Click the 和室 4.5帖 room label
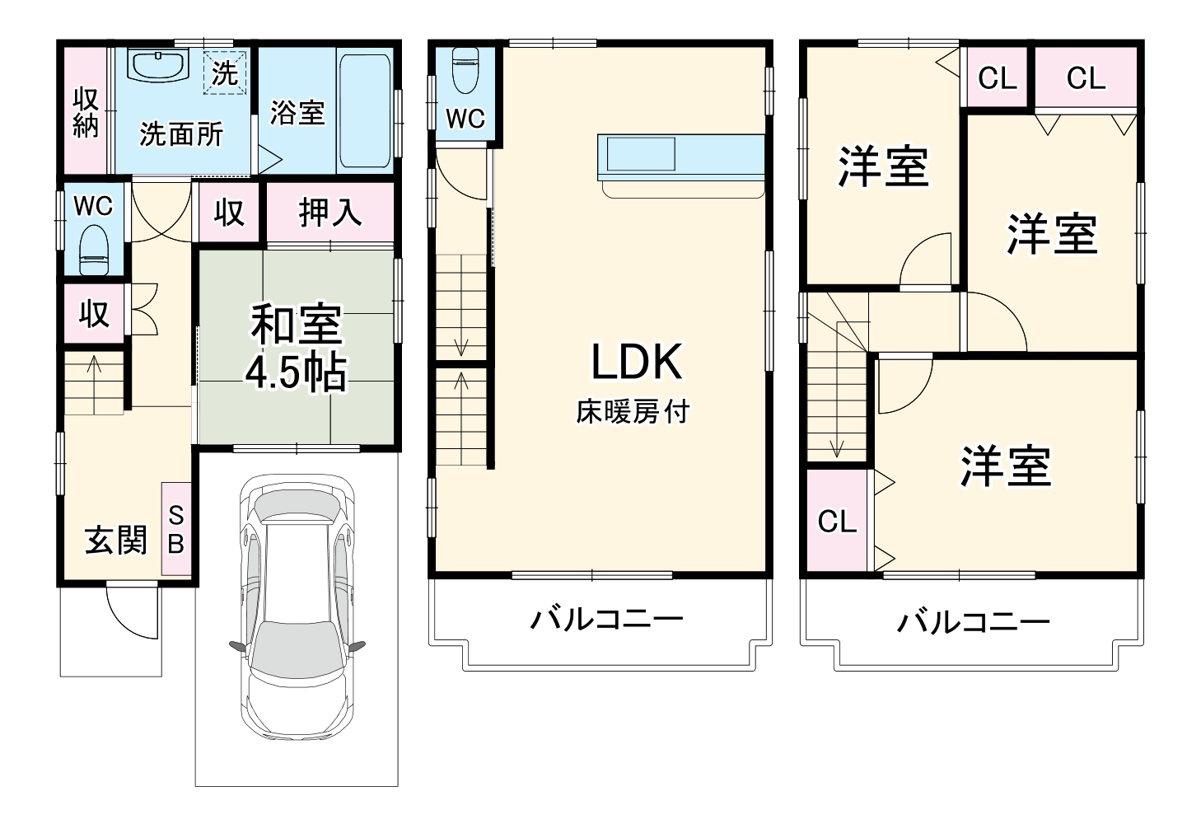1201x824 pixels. (297, 349)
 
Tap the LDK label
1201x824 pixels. (636, 362)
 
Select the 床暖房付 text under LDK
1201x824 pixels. (632, 411)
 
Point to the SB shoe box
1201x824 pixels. (176, 529)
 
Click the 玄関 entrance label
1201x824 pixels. (116, 541)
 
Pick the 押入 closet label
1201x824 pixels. (329, 213)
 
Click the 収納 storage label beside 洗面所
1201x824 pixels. (86, 113)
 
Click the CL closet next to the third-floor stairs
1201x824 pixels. (837, 521)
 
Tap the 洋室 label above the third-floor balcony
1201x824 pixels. (1005, 466)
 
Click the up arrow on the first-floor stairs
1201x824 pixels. (94, 363)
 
